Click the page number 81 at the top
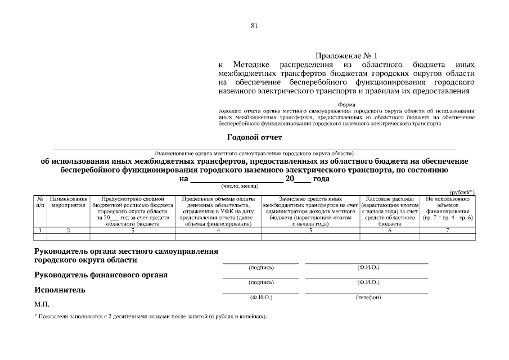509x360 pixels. pyautogui.click(x=254, y=26)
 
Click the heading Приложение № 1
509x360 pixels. pyautogui.click(x=346, y=56)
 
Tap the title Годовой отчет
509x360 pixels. pyautogui.click(x=254, y=137)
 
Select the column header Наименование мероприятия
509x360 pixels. pyautogui.click(x=69, y=202)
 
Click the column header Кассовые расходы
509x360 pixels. pyautogui.click(x=389, y=211)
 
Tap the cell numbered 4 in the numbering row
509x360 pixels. pyautogui.click(x=218, y=231)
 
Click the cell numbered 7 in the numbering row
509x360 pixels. pyautogui.click(x=448, y=231)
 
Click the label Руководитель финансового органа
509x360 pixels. pyautogui.click(x=101, y=275)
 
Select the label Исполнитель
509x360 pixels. pyautogui.click(x=60, y=290)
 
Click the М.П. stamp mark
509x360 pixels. pyautogui.click(x=42, y=304)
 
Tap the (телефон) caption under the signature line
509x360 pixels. pyautogui.click(x=368, y=298)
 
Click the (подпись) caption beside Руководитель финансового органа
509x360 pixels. pyautogui.click(x=261, y=282)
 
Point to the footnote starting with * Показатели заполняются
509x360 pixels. pyautogui.click(x=150, y=317)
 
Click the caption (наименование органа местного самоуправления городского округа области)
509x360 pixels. pyautogui.click(x=254, y=153)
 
